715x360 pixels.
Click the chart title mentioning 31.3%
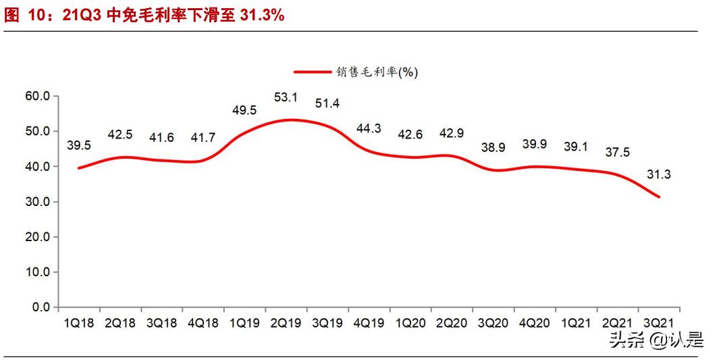(x=144, y=16)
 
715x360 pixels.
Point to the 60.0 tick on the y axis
(x=37, y=96)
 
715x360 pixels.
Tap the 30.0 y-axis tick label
(x=37, y=202)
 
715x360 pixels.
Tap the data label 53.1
(x=286, y=98)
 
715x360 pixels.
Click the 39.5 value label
(x=79, y=145)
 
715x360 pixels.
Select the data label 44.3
(x=369, y=128)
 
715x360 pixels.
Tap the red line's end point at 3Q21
(x=659, y=197)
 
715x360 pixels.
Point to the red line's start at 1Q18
(x=79, y=168)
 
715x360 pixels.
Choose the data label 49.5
(x=244, y=110)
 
